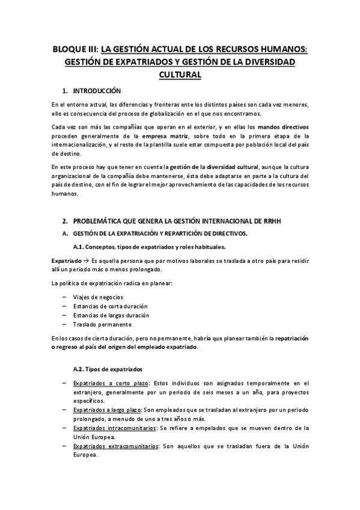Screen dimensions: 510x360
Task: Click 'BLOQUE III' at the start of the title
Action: (73, 49)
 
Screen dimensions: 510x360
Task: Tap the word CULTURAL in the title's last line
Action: (180, 75)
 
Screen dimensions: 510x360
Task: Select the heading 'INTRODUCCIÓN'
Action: (97, 91)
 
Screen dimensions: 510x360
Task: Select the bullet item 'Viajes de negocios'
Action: (98, 297)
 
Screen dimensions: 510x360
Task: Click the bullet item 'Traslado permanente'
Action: (99, 324)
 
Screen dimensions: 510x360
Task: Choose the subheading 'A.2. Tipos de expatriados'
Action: (107, 369)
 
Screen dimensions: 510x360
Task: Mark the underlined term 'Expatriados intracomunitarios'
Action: (114, 428)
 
